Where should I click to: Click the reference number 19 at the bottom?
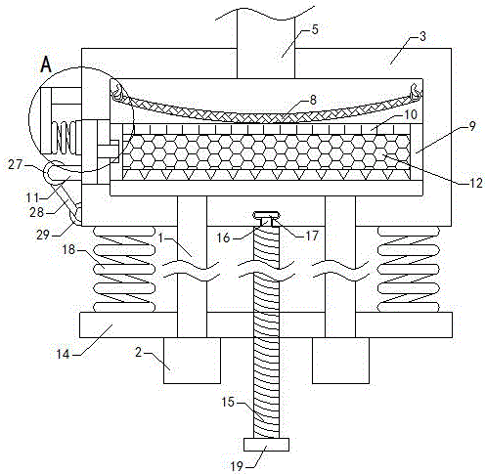tap(237, 466)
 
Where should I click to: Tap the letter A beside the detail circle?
tap(46, 65)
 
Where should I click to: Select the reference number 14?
tap(64, 354)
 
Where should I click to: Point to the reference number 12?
tap(476, 183)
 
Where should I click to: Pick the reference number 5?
tap(315, 29)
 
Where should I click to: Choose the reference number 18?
tap(68, 250)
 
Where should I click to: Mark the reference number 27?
tap(15, 165)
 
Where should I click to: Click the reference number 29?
tap(43, 235)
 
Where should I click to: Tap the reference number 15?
tap(228, 402)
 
